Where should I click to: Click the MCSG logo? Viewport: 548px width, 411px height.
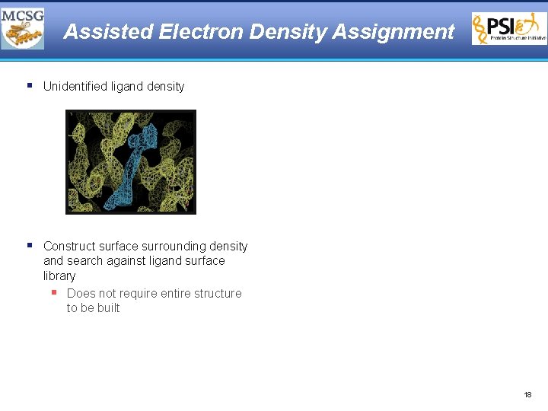(23, 28)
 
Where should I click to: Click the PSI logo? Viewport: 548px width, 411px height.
(509, 29)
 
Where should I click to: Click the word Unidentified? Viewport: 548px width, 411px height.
(75, 87)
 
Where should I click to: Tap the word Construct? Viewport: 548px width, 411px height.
(71, 247)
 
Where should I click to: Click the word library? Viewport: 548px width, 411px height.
(59, 276)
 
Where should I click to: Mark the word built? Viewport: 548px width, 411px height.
(108, 308)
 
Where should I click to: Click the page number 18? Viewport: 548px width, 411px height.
(528, 395)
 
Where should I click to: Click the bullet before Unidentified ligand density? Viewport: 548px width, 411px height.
(29, 85)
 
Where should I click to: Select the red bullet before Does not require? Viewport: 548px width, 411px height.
(54, 292)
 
